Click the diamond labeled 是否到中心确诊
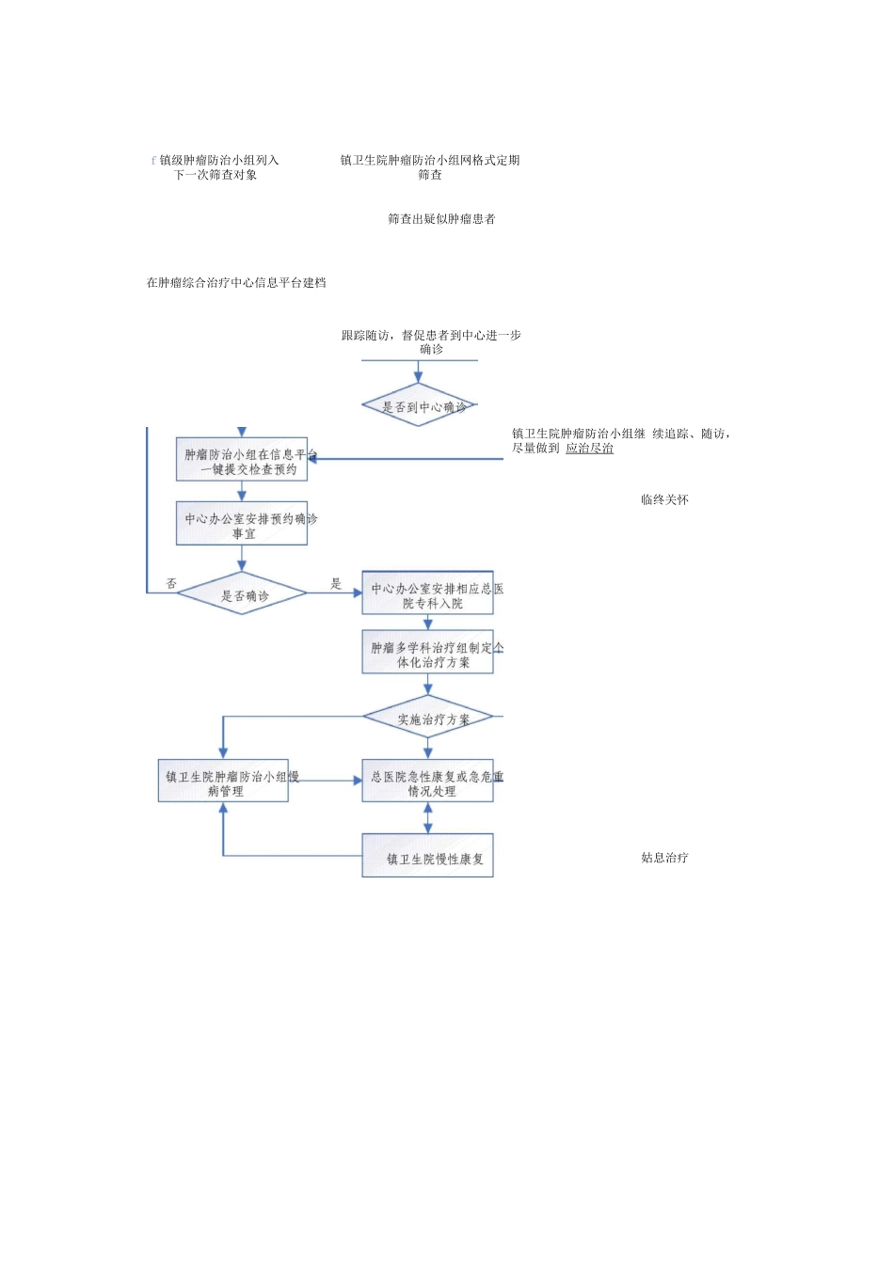[419, 405]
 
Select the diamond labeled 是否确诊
[242, 593]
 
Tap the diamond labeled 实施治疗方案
[428, 718]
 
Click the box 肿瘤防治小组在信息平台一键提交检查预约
[242, 460]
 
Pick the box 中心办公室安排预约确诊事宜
[242, 524]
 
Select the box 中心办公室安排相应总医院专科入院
[428, 593]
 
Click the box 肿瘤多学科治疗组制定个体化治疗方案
[428, 653]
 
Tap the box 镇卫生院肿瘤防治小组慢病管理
[223, 782]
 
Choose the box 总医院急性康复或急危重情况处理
[428, 782]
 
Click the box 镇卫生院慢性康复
[428, 857]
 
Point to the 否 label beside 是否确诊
[171, 584]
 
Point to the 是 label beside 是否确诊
[336, 584]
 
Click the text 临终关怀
[664, 499]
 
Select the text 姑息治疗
[664, 858]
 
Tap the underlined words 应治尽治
[589, 449]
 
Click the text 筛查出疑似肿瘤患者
[441, 219]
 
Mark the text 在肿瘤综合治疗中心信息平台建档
[236, 283]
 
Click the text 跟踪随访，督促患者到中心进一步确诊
[431, 341]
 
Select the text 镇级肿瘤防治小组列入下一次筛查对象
[216, 167]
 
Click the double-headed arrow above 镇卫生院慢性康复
[428, 817]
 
